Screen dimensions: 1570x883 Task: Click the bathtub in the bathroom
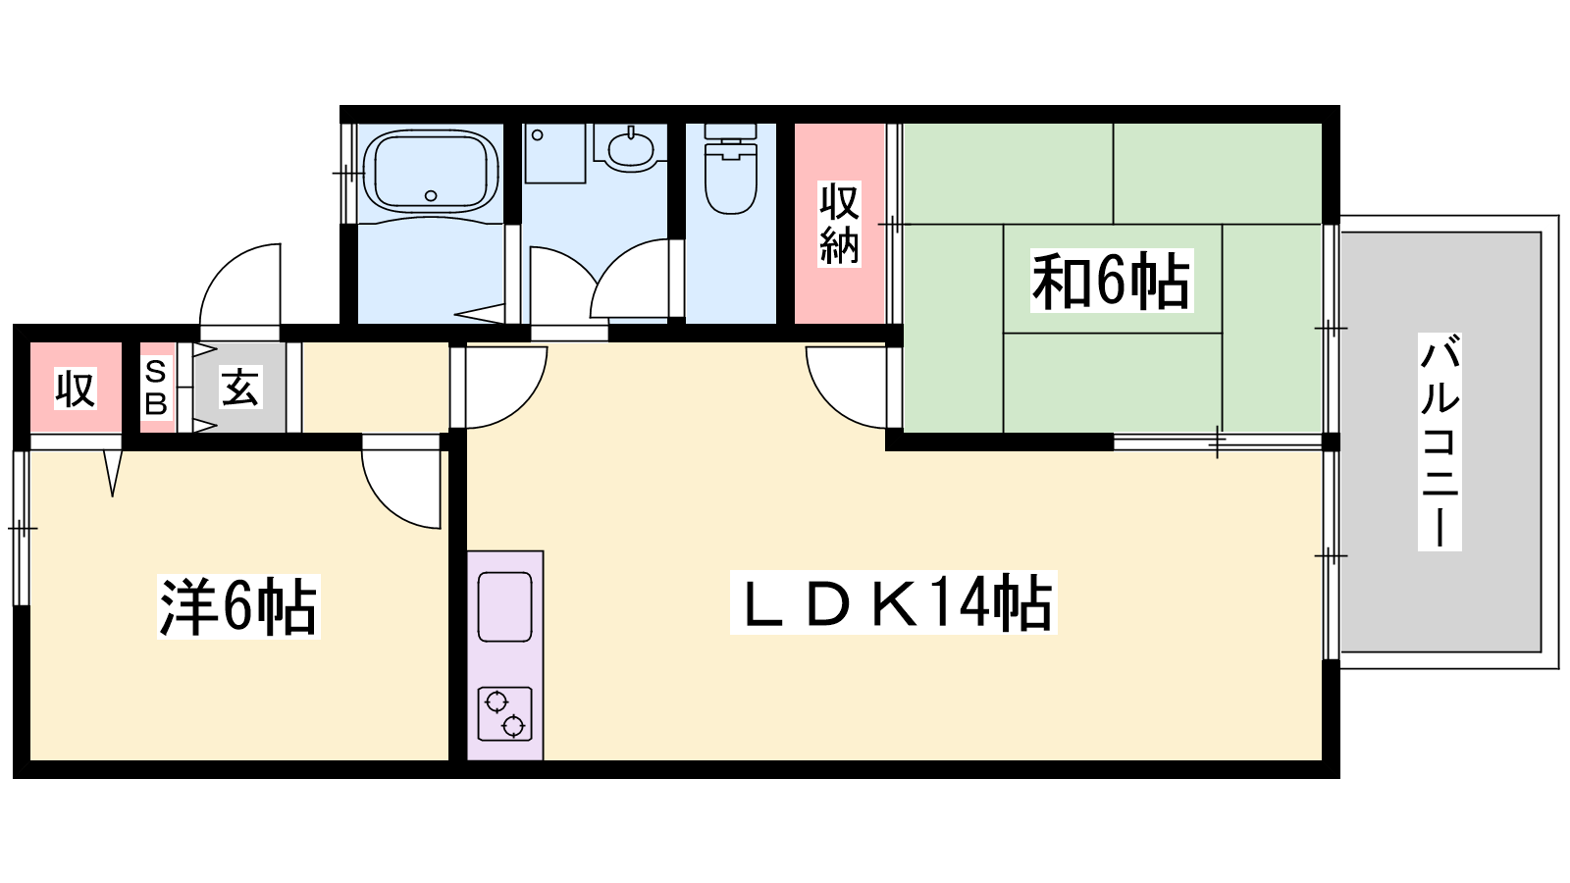pyautogui.click(x=431, y=171)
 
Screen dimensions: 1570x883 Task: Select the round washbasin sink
pyautogui.click(x=630, y=148)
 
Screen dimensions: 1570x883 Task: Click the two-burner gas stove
pyautogui.click(x=504, y=714)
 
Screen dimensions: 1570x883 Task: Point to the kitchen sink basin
pyautogui.click(x=504, y=607)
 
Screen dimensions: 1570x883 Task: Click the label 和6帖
pyautogui.click(x=1112, y=281)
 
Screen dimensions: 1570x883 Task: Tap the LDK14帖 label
pyautogui.click(x=894, y=602)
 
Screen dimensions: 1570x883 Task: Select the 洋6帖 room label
pyautogui.click(x=238, y=606)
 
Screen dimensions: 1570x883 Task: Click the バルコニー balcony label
pyautogui.click(x=1439, y=441)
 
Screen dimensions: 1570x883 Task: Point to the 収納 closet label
pyautogui.click(x=839, y=225)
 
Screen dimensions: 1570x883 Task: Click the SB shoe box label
pyautogui.click(x=156, y=387)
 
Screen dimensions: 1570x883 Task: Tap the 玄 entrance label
pyautogui.click(x=240, y=387)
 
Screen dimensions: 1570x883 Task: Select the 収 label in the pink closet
pyautogui.click(x=76, y=389)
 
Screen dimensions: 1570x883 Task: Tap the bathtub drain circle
pyautogui.click(x=431, y=195)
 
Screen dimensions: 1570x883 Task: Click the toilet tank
pyautogui.click(x=730, y=131)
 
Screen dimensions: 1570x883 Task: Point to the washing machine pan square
pyautogui.click(x=555, y=153)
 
